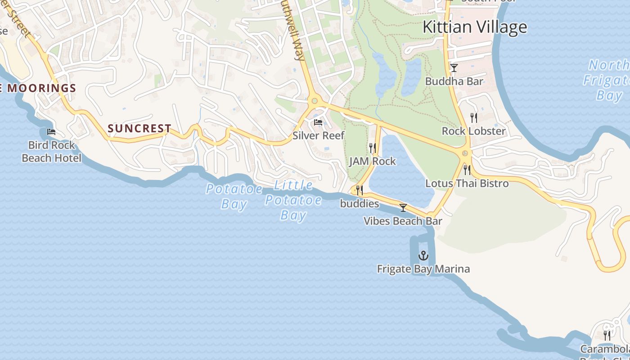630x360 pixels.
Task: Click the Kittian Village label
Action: coord(475,27)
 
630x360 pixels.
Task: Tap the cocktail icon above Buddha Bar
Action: coord(454,68)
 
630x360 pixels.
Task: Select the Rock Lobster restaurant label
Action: coord(474,131)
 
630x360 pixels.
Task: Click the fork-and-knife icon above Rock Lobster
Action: coord(473,118)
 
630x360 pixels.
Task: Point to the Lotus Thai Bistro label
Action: coord(467,183)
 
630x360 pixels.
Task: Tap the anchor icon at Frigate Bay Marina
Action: coord(423,256)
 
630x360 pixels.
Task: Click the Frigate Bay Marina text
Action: coord(423,269)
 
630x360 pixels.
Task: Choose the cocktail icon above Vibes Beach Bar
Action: coord(403,208)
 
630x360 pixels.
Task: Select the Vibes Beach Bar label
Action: coord(403,221)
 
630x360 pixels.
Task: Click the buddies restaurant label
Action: coord(360,204)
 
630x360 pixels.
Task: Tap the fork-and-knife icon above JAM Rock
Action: coord(372,148)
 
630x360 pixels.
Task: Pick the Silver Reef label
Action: coord(319,135)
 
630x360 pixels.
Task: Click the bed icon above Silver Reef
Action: coord(318,122)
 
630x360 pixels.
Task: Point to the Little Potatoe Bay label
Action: coord(293,200)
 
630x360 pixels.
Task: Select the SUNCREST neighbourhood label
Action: coord(139,128)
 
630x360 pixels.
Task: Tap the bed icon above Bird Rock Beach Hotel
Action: coord(51,132)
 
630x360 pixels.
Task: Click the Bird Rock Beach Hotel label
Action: coord(52,152)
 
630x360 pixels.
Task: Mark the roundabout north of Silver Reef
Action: coord(315,101)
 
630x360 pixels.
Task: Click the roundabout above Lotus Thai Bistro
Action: coord(465,154)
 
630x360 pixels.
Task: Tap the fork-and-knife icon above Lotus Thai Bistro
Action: coord(467,170)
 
